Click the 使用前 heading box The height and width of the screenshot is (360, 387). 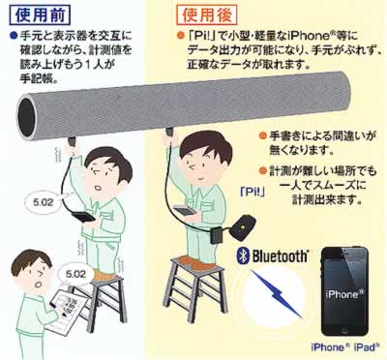click(40, 15)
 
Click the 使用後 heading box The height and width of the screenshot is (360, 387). click(206, 15)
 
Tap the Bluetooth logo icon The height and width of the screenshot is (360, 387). click(243, 255)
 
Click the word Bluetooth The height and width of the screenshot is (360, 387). click(280, 256)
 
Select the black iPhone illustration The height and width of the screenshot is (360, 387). click(344, 292)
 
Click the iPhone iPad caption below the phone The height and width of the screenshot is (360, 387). click(344, 347)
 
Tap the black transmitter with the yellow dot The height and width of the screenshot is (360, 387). click(244, 226)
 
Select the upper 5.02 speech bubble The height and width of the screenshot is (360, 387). click(44, 202)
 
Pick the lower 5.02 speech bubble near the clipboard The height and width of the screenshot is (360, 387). click(74, 275)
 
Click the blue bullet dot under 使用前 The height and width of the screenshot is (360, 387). click(14, 35)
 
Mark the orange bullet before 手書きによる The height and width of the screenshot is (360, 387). click(263, 135)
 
